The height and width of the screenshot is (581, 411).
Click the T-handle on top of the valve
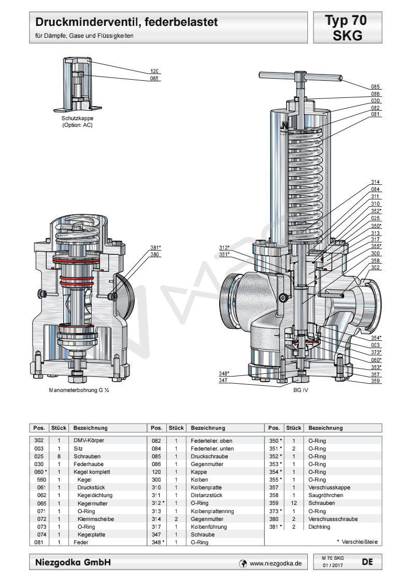(301, 76)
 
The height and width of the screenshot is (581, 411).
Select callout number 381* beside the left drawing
(154, 248)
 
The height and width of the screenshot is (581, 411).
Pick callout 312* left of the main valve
(224, 248)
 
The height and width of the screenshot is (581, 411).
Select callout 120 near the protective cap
(154, 71)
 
